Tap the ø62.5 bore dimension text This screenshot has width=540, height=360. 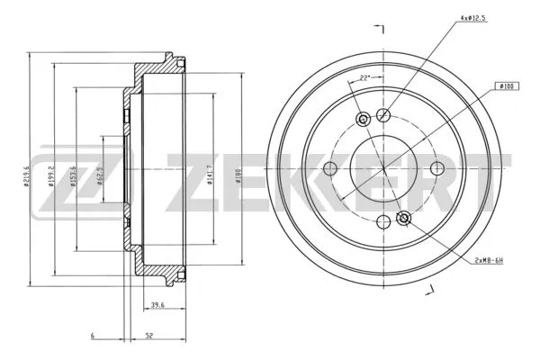point(100,168)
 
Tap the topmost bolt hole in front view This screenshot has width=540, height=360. point(383,114)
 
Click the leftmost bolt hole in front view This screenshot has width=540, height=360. point(329,168)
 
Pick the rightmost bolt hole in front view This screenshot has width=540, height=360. point(437,168)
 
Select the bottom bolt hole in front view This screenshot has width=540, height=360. point(384,221)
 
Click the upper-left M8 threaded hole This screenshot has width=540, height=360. point(364,120)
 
